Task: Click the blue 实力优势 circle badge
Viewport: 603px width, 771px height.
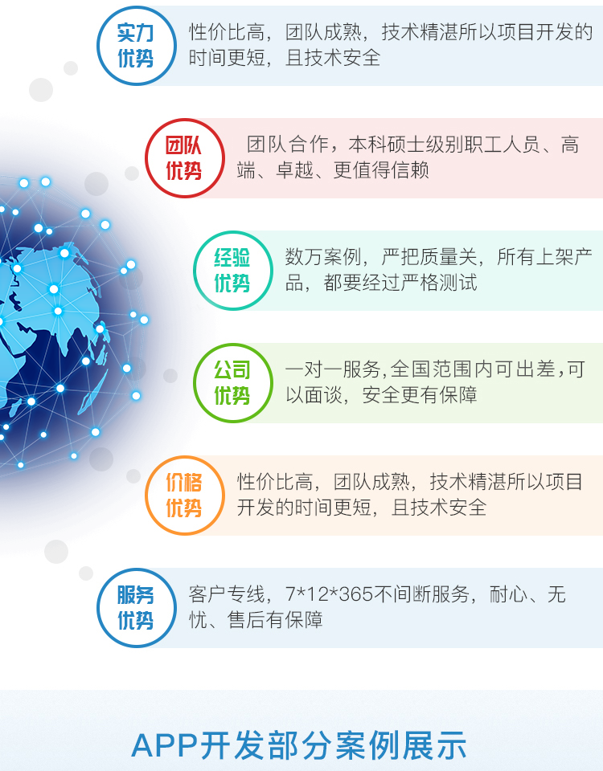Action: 137,46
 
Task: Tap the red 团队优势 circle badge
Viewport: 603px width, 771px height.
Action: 185,158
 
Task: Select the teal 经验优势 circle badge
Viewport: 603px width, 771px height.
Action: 233,271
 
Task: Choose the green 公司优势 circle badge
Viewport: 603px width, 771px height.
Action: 233,383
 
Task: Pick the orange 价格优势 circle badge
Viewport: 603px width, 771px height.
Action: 185,496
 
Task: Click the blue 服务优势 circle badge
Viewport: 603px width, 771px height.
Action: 137,608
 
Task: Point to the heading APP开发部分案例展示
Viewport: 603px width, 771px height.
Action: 299,745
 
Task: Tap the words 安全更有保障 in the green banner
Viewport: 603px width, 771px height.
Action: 420,395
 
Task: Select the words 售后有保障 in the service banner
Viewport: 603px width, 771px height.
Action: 275,620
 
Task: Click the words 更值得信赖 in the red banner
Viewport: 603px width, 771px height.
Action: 381,170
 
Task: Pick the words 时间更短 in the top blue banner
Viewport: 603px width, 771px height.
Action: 227,58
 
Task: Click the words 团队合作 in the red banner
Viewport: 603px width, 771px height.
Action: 288,145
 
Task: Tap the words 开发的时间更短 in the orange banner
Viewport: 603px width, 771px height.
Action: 304,508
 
